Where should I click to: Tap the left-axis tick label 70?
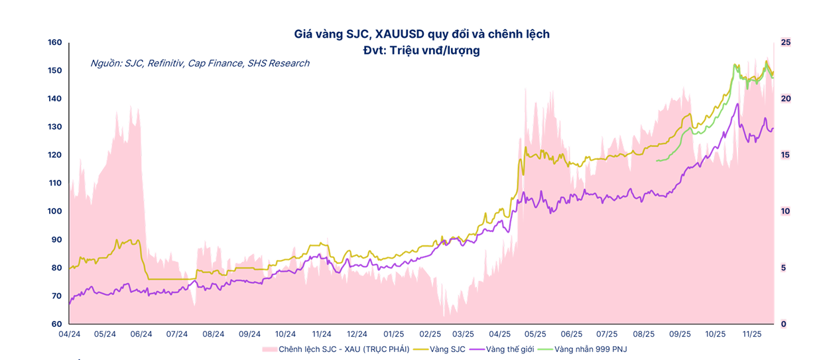tap(56, 296)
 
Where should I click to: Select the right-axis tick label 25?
tap(786, 42)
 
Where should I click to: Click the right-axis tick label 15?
tap(786, 155)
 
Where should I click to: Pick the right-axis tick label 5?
tap(784, 268)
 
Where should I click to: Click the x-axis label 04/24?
tap(70, 334)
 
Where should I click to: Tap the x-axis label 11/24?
tap(322, 334)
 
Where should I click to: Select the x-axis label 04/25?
tap(499, 334)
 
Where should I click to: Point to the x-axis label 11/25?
tap(751, 334)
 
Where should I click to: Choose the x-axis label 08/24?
tap(213, 334)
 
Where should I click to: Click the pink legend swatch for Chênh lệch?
tap(269, 349)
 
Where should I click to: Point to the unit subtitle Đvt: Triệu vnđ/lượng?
tap(421, 50)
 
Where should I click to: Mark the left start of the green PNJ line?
tap(656, 160)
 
